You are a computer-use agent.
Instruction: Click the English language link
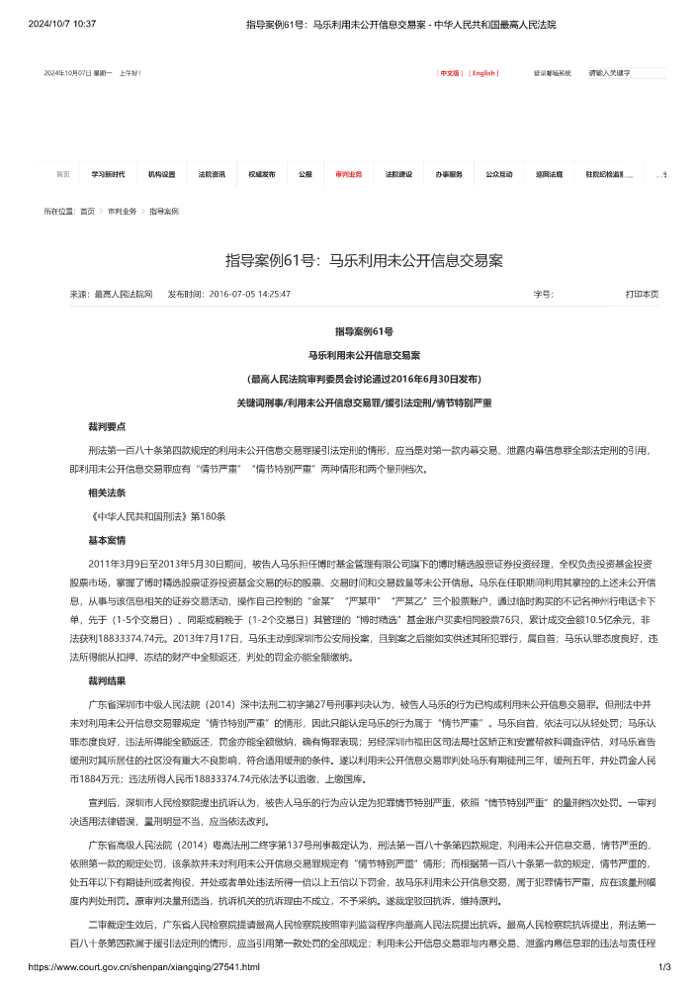pyautogui.click(x=483, y=73)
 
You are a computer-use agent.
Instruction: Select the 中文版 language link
pyautogui.click(x=450, y=73)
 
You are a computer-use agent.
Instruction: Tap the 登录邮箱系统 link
pyautogui.click(x=553, y=73)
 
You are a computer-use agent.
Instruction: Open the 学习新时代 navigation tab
pyautogui.click(x=109, y=174)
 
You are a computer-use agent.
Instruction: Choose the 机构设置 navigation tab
pyautogui.click(x=161, y=174)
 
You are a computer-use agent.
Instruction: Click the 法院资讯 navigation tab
pyautogui.click(x=212, y=174)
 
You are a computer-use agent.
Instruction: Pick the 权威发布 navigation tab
pyautogui.click(x=262, y=174)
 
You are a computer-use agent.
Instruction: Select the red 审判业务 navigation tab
pyautogui.click(x=348, y=174)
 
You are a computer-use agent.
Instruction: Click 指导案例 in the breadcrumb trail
pyautogui.click(x=164, y=212)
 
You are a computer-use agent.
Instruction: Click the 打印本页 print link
pyautogui.click(x=642, y=294)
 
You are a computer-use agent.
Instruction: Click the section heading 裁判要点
pyautogui.click(x=107, y=427)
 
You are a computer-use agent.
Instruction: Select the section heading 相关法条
pyautogui.click(x=107, y=492)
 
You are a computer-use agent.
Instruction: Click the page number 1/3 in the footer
pyautogui.click(x=664, y=974)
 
